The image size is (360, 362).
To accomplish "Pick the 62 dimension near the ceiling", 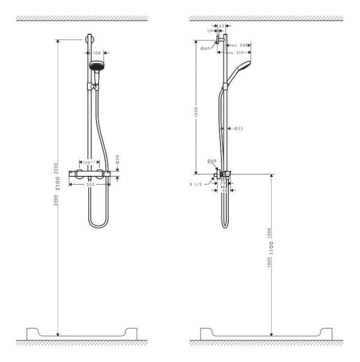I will coord(221,25).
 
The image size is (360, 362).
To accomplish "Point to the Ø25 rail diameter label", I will coord(239,128).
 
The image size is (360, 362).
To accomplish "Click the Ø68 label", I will coord(212,161).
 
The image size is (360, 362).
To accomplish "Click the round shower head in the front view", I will coord(96,66).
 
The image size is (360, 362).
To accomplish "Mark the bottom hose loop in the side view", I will coord(225,223).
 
